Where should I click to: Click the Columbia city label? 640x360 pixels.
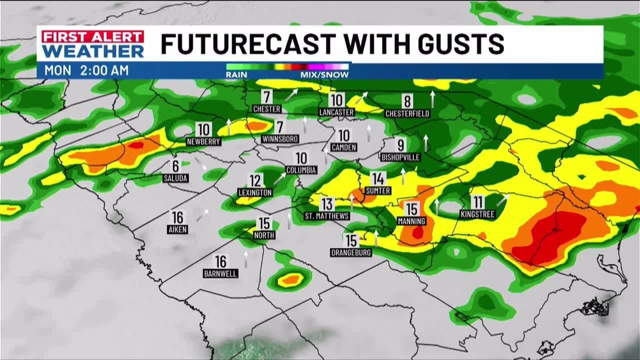[301, 170]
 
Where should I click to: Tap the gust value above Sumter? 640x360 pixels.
[378, 178]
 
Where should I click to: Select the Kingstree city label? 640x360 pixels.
[477, 214]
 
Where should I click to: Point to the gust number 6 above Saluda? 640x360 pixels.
[175, 166]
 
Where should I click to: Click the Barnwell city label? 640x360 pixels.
[220, 273]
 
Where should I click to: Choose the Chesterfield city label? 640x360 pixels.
[407, 113]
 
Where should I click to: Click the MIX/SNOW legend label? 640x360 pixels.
[324, 74]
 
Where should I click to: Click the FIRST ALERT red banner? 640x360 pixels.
[93, 37]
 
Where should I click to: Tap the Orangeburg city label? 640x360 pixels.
[351, 252]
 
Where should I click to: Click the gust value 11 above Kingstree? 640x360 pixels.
[478, 202]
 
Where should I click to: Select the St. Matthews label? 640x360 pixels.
[327, 216]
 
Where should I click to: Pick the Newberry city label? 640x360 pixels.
[203, 141]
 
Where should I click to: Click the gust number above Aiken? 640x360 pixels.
[177, 217]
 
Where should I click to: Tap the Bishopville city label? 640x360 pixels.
[400, 157]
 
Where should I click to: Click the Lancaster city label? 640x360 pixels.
[336, 112]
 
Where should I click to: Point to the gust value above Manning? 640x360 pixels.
[411, 209]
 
